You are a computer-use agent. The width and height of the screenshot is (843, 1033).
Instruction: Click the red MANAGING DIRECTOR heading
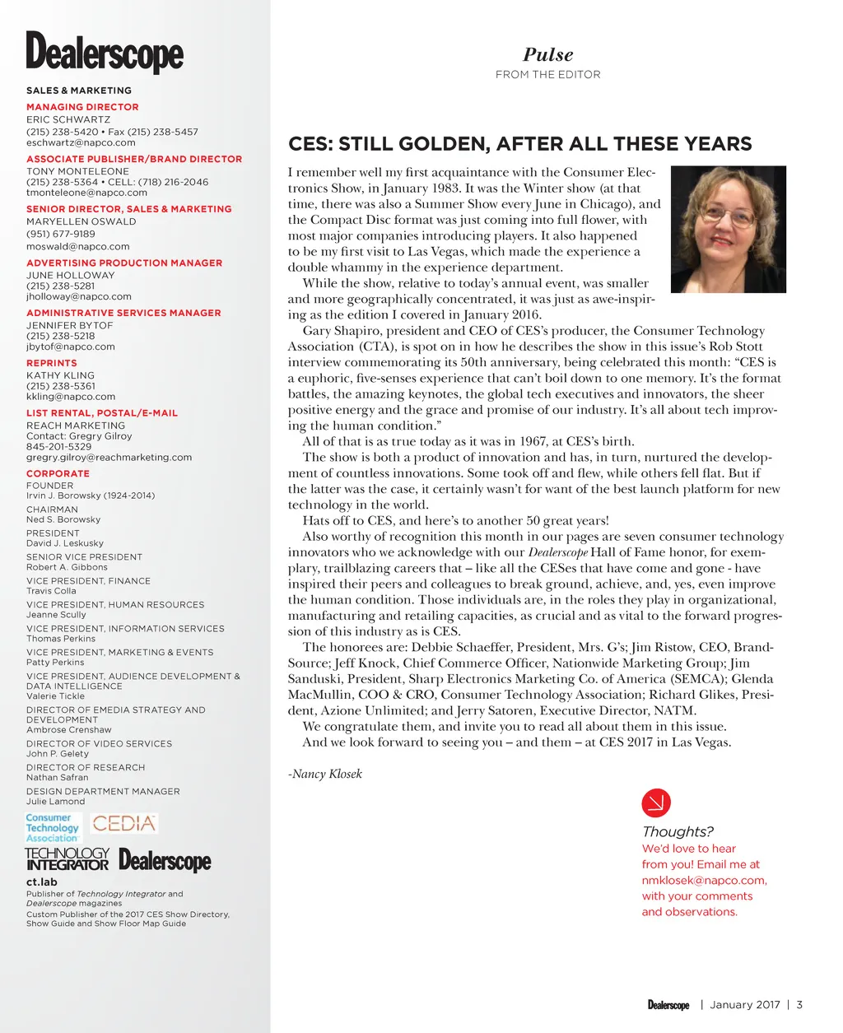(82, 107)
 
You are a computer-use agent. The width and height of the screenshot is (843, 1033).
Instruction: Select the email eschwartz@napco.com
(81, 142)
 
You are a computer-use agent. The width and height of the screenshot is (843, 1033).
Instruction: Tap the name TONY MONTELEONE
(77, 171)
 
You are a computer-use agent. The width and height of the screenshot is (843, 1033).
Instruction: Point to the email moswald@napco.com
(77, 246)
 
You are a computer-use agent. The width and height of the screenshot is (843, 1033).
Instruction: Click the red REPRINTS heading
(51, 363)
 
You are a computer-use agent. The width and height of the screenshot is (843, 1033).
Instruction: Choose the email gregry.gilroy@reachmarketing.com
(109, 457)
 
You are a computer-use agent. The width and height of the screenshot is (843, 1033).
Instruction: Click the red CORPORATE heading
(58, 473)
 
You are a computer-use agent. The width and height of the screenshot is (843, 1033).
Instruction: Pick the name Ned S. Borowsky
(63, 519)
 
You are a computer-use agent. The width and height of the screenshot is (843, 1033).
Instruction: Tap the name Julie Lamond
(55, 801)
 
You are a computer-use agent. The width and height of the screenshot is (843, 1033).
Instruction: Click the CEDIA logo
(123, 823)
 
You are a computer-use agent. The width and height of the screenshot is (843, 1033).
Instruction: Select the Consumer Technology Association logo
(53, 827)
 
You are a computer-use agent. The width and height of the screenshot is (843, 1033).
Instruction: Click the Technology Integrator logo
(67, 859)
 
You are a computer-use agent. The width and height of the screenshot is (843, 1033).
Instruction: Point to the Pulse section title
(547, 55)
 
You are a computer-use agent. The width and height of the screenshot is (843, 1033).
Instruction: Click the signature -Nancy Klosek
(325, 774)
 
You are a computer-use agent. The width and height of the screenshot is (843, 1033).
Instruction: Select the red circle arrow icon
(655, 802)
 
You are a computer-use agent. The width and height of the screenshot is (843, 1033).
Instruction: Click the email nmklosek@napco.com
(704, 880)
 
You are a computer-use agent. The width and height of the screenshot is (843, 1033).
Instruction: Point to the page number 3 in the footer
(799, 1004)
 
